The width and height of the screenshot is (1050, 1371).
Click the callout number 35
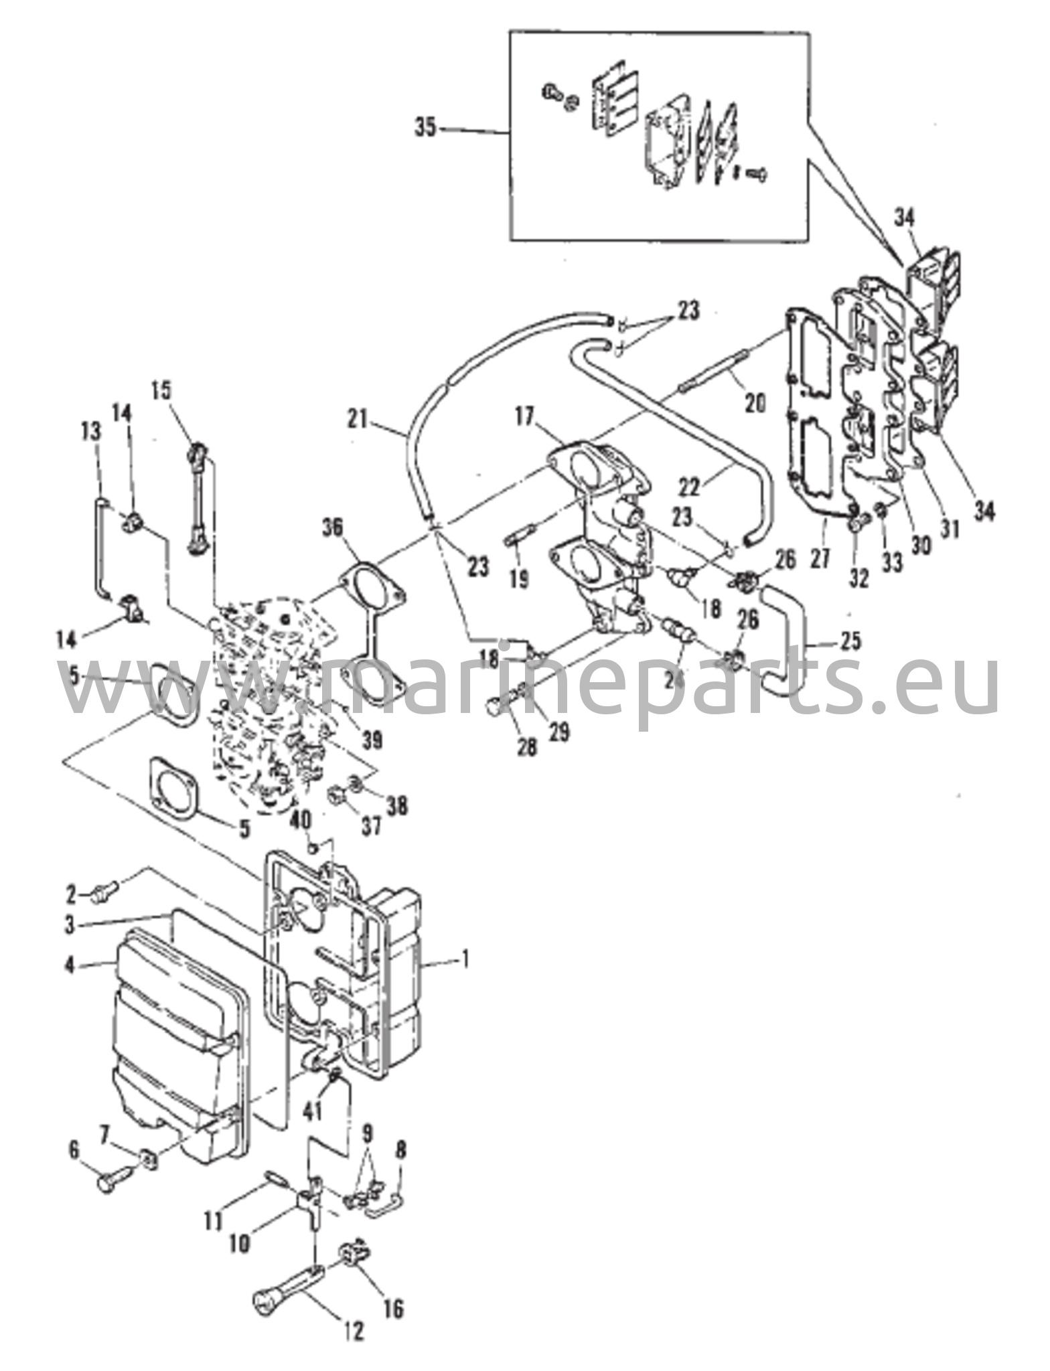(x=425, y=127)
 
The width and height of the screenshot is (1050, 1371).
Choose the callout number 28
(x=527, y=746)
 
